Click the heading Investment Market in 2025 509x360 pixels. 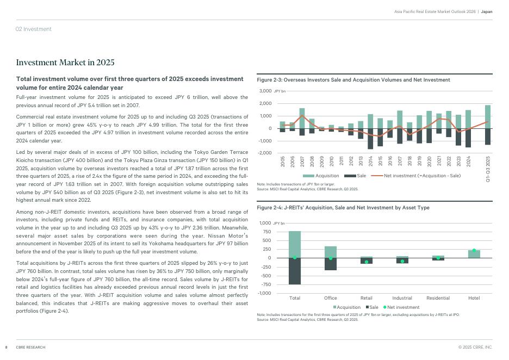click(65, 63)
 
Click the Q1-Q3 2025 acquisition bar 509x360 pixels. click(488, 116)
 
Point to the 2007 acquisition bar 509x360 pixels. click(302, 118)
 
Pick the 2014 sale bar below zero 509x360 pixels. click(370, 139)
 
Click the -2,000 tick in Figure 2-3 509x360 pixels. click(264, 153)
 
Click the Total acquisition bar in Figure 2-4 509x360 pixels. click(295, 244)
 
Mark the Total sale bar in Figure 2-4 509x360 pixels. click(295, 271)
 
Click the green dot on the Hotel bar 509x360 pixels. click(474, 251)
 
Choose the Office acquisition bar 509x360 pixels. click(331, 252)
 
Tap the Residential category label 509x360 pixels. click(438, 298)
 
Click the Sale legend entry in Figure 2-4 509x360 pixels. click(372, 307)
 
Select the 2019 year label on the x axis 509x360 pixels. click(419, 161)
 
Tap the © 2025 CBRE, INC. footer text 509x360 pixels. click(475, 347)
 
